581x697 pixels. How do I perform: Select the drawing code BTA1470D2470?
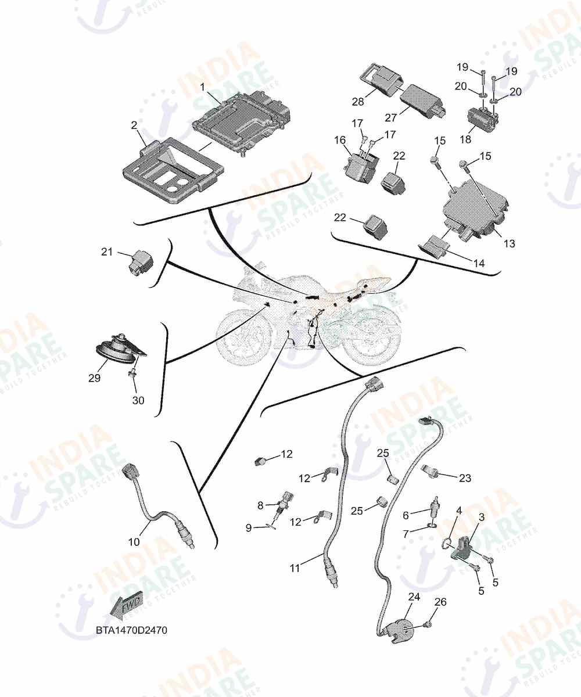coord(131,630)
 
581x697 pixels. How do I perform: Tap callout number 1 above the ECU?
coord(202,88)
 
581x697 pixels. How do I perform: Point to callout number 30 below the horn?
coord(138,400)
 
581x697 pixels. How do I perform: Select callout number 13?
coord(510,243)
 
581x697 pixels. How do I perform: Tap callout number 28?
coord(358,101)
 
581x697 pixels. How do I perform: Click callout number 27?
coord(390,117)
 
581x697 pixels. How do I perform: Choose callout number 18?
coord(465,139)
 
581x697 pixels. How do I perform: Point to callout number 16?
coord(340,140)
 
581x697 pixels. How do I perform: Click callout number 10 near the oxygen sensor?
coord(134,542)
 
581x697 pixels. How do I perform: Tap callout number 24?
coord(414,597)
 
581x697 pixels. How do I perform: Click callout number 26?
coord(440,602)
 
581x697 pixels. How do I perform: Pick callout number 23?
coord(465,478)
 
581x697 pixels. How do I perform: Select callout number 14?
coord(479,263)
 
